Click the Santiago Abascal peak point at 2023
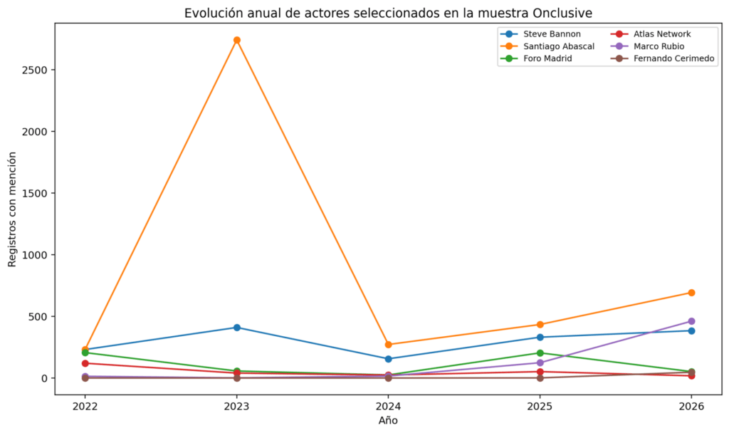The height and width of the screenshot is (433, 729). click(x=236, y=40)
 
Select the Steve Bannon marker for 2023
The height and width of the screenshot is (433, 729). click(x=236, y=328)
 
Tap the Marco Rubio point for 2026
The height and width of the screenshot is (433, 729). click(x=691, y=321)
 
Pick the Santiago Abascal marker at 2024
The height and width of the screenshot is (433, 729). click(x=388, y=345)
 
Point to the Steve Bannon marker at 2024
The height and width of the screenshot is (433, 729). click(x=388, y=359)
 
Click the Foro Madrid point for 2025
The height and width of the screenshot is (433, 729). click(x=540, y=353)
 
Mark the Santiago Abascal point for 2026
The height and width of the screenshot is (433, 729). click(x=691, y=293)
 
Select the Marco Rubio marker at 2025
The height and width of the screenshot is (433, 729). click(x=540, y=362)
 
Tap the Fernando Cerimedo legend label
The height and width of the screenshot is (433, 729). click(x=673, y=58)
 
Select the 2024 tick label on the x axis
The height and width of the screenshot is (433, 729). click(x=388, y=407)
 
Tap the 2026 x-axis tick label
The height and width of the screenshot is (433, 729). click(x=691, y=407)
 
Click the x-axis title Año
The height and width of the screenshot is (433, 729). click(x=388, y=420)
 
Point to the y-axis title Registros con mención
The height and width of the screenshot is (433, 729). click(x=12, y=209)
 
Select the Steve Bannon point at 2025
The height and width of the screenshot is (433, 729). click(x=540, y=337)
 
